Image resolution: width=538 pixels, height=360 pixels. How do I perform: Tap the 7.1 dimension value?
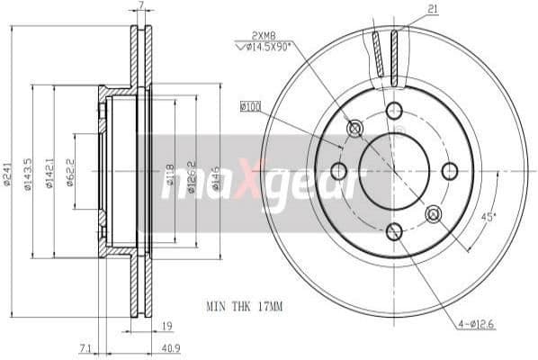(85, 347)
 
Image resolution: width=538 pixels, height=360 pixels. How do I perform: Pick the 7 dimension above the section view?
(141, 6)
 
